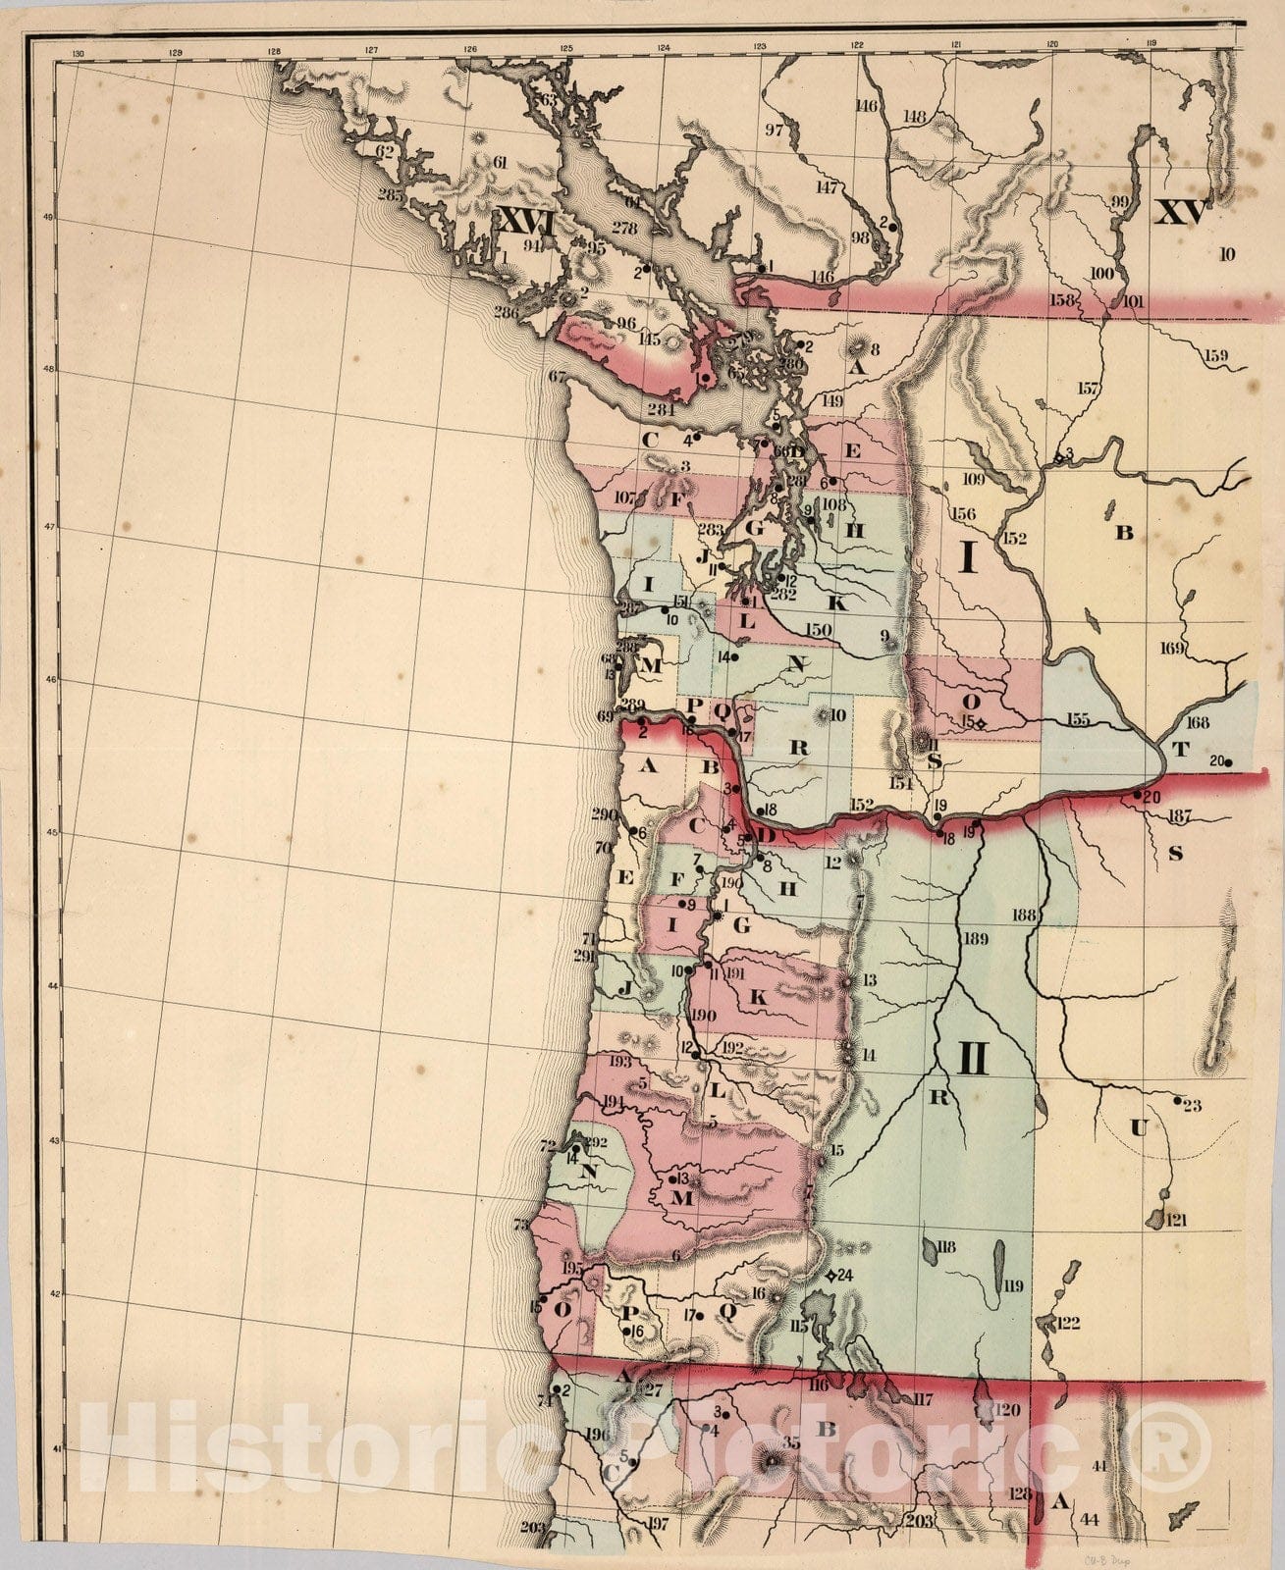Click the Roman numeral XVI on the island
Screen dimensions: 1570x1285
[x=528, y=220]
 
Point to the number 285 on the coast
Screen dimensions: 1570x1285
[x=390, y=195]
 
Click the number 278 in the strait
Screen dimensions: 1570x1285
[x=624, y=228]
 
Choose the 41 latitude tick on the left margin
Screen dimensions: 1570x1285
[x=58, y=1448]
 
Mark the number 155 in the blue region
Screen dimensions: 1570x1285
[x=1078, y=720]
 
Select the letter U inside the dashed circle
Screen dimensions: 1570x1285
[x=1138, y=1128]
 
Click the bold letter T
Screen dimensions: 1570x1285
[x=1180, y=751]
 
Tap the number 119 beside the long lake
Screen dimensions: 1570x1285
[x=1012, y=1286]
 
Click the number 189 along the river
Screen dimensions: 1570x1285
[x=975, y=939]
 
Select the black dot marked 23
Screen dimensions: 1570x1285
[x=1179, y=1101]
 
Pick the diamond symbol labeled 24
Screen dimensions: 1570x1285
[x=831, y=1276]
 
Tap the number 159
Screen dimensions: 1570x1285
[x=1215, y=355]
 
